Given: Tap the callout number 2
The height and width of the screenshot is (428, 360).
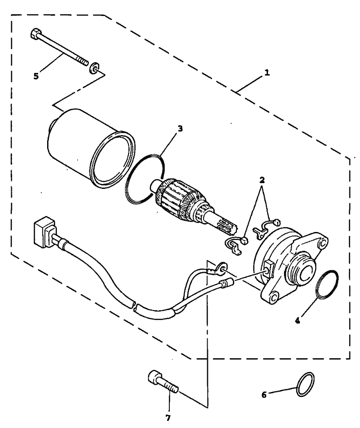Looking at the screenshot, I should pos(262,180).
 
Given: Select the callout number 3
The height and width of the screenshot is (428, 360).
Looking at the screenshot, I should pos(180,129).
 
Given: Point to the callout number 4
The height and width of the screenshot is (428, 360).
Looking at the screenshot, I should pos(298,319).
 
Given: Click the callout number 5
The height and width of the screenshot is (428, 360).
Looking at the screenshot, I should pos(36,76).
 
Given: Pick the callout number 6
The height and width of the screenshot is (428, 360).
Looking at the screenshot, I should pos(264,394).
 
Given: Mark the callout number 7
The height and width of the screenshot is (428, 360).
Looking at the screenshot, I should pos(168,418).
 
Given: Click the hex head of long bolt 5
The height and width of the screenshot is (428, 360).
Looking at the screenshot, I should pos(35,34).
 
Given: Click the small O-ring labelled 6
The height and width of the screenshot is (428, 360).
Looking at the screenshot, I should pos(306,384).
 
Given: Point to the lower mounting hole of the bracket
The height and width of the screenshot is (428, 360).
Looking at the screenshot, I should pos(274,296).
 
